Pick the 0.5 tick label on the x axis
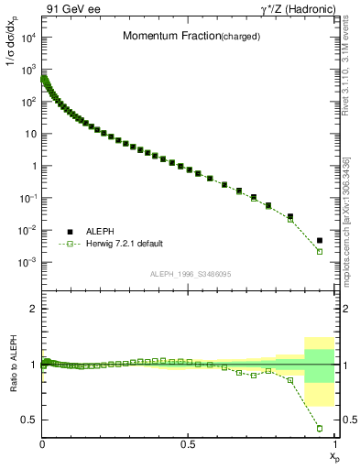[188, 444]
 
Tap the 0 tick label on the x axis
[43, 444]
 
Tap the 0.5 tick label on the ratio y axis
[29, 420]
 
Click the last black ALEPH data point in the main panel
[320, 241]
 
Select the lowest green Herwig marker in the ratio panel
[320, 428]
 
